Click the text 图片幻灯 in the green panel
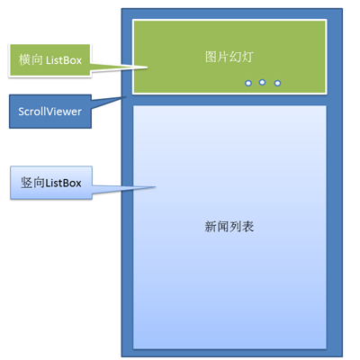click(x=229, y=57)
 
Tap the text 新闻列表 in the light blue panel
click(x=229, y=227)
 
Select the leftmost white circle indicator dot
click(x=248, y=83)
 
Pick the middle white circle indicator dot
click(x=262, y=82)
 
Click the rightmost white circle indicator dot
click(x=277, y=83)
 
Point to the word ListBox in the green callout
click(x=64, y=60)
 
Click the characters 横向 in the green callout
click(x=31, y=60)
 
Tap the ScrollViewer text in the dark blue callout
click(x=49, y=112)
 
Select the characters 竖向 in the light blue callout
click(x=32, y=183)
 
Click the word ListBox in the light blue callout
click(x=63, y=183)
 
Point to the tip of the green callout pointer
click(x=148, y=67)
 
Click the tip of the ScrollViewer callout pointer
click(x=126, y=96)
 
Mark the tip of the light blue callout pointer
click(x=156, y=187)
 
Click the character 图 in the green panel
click(x=211, y=57)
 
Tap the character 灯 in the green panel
click(x=247, y=57)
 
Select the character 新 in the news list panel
click(x=211, y=227)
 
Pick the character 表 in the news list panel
click(x=248, y=227)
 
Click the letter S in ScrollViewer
click(x=22, y=112)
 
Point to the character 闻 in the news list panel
click(x=223, y=227)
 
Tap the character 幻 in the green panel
click(x=236, y=57)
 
